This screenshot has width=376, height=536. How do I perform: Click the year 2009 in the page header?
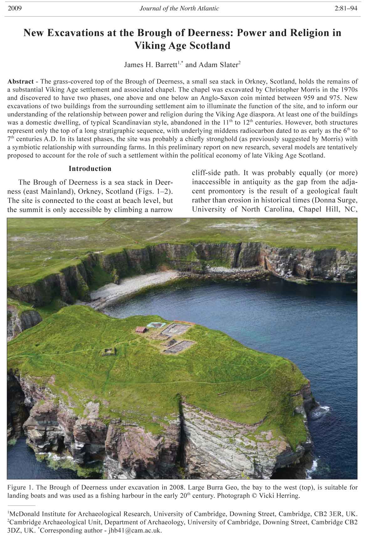point(14,8)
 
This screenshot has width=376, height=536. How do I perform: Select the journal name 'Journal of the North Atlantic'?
point(179,8)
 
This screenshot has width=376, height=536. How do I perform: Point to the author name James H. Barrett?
point(151,65)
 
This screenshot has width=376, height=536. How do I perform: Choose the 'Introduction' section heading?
point(90,169)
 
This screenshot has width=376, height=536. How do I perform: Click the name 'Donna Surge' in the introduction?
point(338,200)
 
